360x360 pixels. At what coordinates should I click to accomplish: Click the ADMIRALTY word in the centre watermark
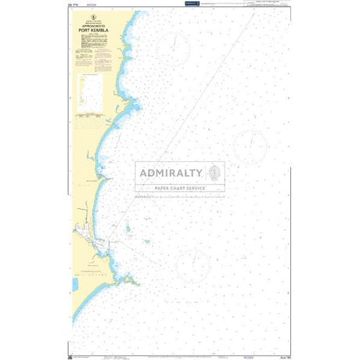pyautogui.click(x=170, y=173)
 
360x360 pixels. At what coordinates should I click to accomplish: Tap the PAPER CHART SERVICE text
pyautogui.click(x=179, y=188)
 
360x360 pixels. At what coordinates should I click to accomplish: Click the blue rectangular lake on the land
pyautogui.click(x=76, y=286)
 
